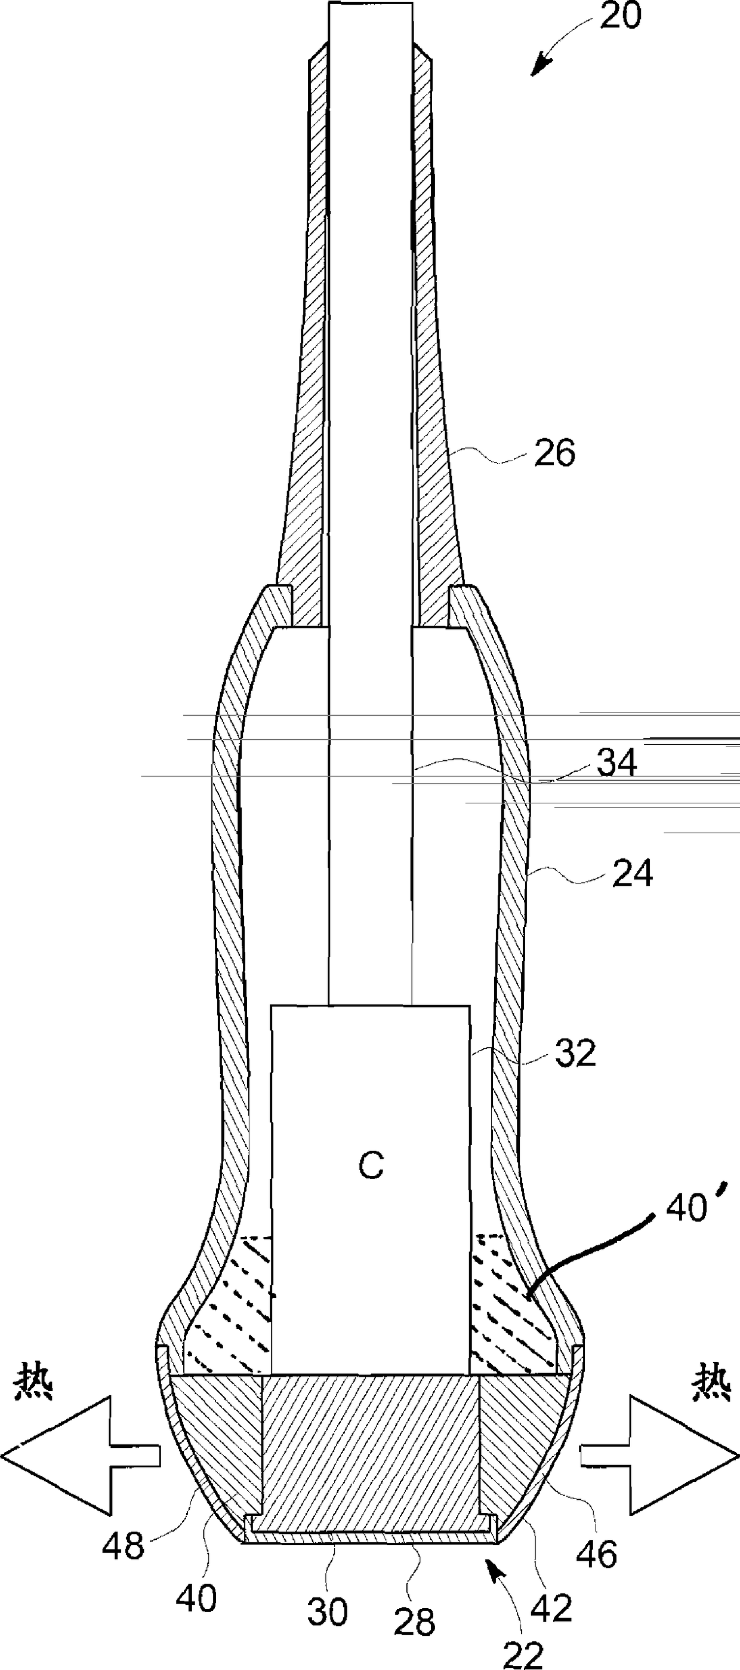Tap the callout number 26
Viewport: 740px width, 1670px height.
(x=554, y=453)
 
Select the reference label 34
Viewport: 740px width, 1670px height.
(x=616, y=763)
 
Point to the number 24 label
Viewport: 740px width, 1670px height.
(x=633, y=873)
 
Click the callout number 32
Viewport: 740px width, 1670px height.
(x=575, y=1055)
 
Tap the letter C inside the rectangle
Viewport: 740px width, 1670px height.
(x=371, y=1166)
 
